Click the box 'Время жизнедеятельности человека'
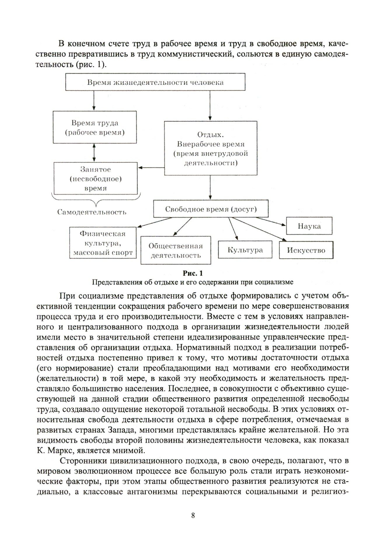[x=155, y=82]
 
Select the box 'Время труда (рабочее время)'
[x=95, y=127]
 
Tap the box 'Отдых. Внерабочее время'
[x=210, y=148]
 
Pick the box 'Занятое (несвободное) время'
[x=95, y=179]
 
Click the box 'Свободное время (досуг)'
[x=211, y=209]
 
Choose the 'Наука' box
[x=309, y=226]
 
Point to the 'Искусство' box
[x=306, y=250]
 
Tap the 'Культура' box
[x=245, y=250]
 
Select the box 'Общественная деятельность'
[x=175, y=250]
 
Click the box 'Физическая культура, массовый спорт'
[x=103, y=243]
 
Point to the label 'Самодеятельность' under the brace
[x=92, y=212]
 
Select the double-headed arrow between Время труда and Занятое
[x=94, y=153]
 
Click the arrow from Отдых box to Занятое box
[x=151, y=168]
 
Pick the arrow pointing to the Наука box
[x=271, y=222]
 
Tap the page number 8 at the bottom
[x=193, y=515]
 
